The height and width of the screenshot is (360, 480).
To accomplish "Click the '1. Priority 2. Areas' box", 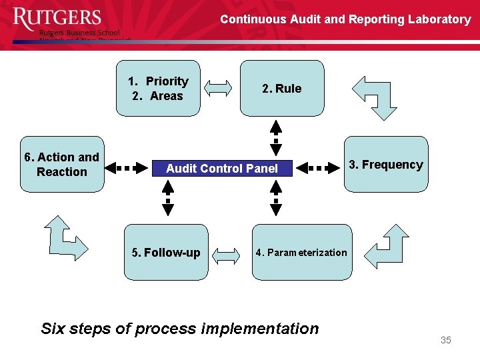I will pos(158,89).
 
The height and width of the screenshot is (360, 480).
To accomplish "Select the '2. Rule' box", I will pos(282,89).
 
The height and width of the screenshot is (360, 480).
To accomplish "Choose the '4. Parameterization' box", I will pos(301,253).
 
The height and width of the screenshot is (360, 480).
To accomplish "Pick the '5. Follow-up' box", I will pos(166,253).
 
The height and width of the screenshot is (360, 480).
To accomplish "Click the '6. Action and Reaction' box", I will pos(62,165).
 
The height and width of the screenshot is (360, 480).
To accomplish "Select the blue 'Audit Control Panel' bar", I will pos(222,169).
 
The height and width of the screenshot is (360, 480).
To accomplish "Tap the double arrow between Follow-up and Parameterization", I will pos(229,253).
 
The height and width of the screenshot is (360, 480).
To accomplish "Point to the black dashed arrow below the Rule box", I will pos(276,138).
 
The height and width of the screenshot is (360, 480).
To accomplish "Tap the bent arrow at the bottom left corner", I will pos(65,237).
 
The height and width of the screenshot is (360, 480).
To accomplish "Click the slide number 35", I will pos(446,341).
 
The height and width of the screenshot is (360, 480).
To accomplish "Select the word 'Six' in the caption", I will pos(53,329).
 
